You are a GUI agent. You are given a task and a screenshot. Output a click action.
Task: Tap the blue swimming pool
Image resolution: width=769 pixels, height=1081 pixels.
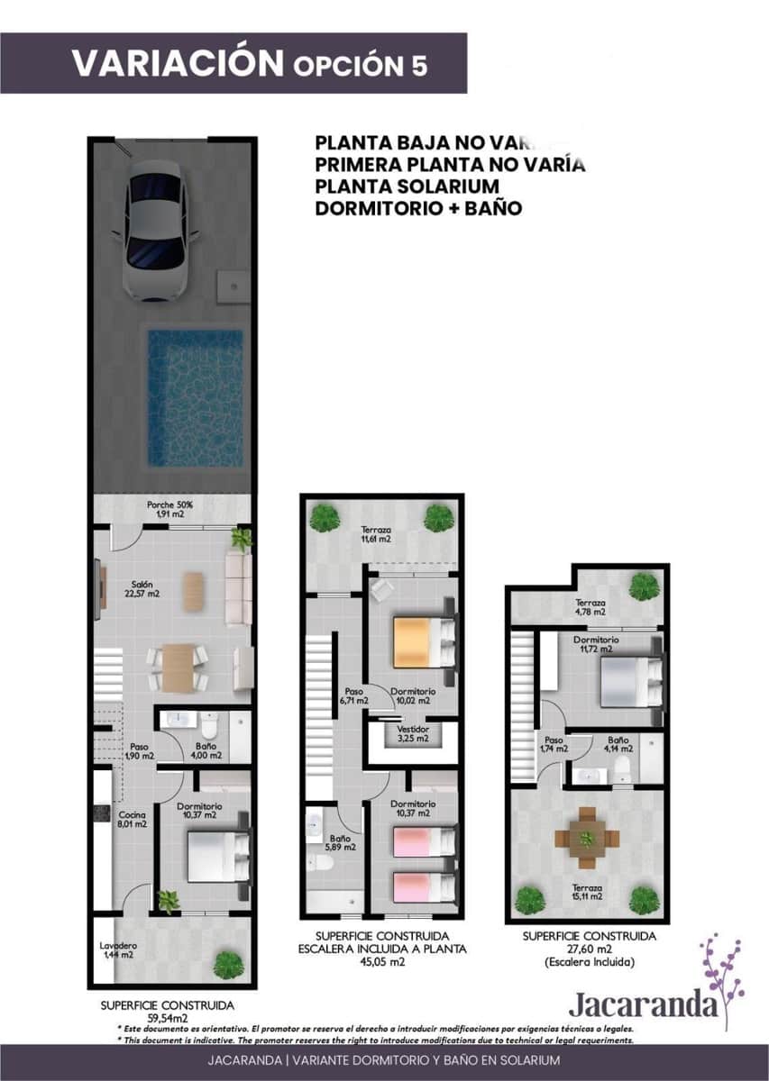[195, 396]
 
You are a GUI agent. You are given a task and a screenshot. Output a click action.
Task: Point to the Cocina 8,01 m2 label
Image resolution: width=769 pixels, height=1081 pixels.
[133, 818]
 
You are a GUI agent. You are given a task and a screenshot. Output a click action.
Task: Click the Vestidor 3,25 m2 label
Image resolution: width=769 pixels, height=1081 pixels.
[413, 733]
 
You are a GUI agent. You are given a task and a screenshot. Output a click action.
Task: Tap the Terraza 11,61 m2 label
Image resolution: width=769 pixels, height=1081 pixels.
[376, 534]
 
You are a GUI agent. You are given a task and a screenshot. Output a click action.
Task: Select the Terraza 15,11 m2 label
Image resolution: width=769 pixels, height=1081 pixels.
[587, 893]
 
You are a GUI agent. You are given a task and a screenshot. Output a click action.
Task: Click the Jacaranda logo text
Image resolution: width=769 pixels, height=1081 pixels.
[644, 1004]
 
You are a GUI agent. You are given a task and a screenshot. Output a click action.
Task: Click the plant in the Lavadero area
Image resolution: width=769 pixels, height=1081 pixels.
[228, 964]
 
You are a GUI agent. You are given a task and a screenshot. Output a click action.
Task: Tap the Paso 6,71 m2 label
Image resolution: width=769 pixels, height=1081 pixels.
[353, 695]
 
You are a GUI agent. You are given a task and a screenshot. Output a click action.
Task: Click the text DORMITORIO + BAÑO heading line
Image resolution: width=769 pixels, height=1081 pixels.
[419, 208]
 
